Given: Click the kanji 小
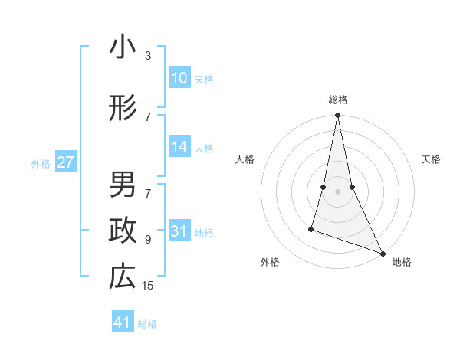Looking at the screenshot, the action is (123, 47).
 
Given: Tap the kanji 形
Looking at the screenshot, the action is (123, 109).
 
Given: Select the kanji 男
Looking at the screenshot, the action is (123, 185).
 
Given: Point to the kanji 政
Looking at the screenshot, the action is (123, 231).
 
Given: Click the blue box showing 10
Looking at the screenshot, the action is (179, 78).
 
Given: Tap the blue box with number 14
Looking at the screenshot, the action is (179, 148).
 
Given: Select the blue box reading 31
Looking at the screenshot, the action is (179, 231).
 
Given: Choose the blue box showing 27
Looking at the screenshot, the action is (66, 162).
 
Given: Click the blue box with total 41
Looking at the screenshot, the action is (123, 322).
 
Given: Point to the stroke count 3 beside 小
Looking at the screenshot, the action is (148, 55).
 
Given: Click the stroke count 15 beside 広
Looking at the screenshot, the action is (148, 286).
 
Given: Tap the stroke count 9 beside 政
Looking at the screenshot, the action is (148, 239).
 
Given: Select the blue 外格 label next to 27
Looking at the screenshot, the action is (41, 163).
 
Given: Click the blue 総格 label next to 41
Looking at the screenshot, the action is (147, 324).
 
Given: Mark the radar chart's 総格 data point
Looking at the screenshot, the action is (337, 116).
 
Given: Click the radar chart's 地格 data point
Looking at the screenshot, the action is (382, 253).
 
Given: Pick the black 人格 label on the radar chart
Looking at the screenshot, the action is (245, 159).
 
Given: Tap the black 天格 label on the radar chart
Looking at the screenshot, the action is (432, 159).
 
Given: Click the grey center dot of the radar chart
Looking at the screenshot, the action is (337, 180).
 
